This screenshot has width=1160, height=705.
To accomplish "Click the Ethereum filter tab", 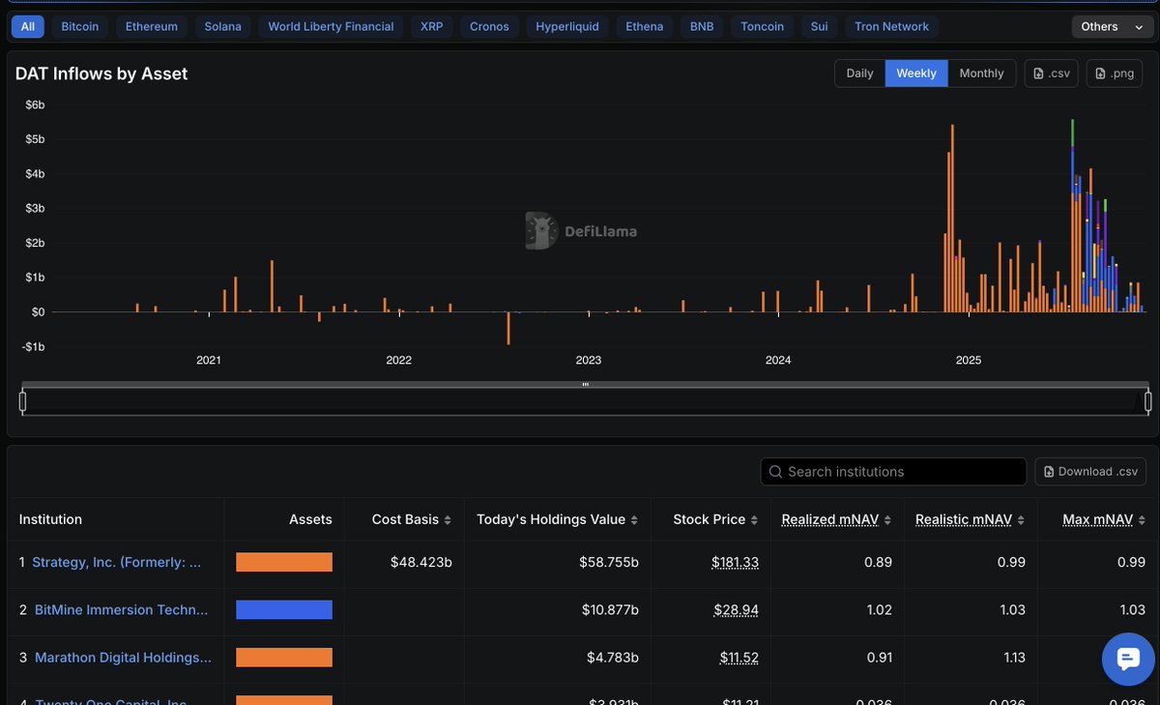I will [x=152, y=26].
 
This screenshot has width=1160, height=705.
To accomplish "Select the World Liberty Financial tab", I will [x=331, y=26].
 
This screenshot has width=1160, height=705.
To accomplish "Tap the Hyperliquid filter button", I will [x=567, y=26].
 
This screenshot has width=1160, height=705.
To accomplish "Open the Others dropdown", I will [x=1110, y=26].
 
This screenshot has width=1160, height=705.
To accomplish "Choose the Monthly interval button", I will [x=981, y=73].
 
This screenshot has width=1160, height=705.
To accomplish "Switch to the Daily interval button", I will [x=859, y=73].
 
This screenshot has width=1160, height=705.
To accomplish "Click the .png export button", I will [x=1114, y=73].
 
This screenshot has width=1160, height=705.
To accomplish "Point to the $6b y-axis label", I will [x=35, y=104].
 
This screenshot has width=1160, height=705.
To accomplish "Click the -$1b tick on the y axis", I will [x=33, y=347].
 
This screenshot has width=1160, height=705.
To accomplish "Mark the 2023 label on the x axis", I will [x=588, y=361].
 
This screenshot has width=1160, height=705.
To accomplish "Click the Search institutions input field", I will [x=893, y=472].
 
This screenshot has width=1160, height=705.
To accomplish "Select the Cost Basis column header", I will [x=405, y=519].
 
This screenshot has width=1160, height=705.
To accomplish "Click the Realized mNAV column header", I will [x=829, y=519].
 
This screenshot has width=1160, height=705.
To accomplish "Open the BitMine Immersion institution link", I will [x=121, y=610].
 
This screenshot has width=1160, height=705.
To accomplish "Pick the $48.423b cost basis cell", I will [x=420, y=562].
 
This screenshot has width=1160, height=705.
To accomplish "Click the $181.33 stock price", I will [x=735, y=562].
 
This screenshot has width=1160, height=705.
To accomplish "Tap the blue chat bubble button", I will [x=1128, y=659].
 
